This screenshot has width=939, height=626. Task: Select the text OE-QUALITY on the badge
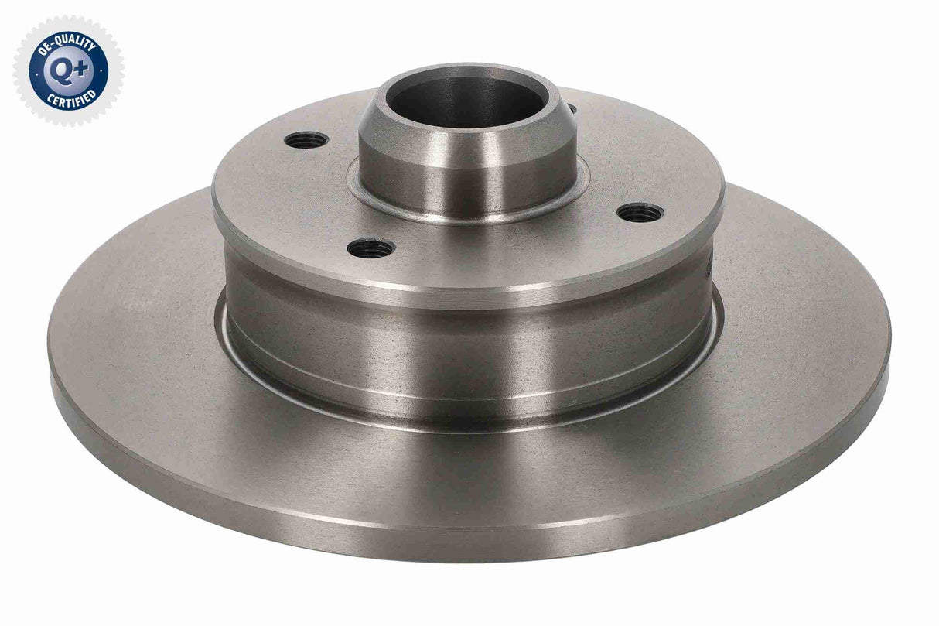click(67, 43)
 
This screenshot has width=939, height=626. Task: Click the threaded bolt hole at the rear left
click(306, 140)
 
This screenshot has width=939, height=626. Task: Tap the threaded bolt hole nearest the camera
click(371, 248)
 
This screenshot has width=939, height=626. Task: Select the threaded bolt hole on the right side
click(640, 211)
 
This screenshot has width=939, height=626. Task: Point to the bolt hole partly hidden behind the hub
click(572, 109)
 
